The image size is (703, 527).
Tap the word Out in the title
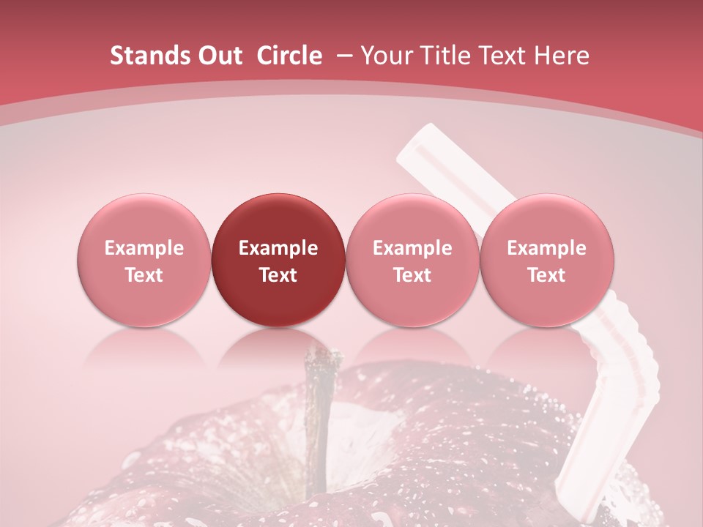point(219,56)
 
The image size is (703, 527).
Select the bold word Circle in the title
point(289,56)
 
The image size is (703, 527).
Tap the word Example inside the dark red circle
point(278,248)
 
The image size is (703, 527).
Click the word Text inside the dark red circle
point(278,275)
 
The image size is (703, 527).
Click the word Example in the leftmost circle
point(144,248)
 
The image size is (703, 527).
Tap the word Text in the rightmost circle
point(547,275)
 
